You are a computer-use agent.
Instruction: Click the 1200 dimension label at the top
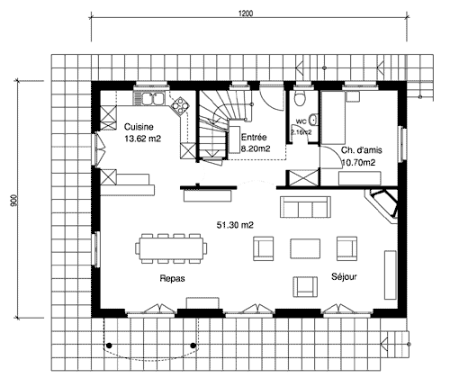point(246,13)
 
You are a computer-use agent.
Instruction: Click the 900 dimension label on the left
point(13,201)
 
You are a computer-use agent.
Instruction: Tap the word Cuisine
point(139,127)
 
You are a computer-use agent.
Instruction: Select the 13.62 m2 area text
point(142,139)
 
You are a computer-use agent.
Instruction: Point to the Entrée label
point(254,138)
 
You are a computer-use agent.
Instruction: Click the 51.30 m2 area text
point(235,225)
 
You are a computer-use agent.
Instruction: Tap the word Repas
point(172,279)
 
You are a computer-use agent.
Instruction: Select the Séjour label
point(344,276)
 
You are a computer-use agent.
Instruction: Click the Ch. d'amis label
point(361,150)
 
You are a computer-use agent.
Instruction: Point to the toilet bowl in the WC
point(300,99)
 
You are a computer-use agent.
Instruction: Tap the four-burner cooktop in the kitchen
point(180,106)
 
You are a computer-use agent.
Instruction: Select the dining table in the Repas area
point(171,248)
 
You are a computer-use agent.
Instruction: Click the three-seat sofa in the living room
point(305,207)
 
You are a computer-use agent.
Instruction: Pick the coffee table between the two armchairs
point(305,248)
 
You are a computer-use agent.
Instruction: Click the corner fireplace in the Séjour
point(383,205)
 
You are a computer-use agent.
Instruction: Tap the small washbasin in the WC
point(313,120)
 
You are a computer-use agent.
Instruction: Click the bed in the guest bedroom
point(333,118)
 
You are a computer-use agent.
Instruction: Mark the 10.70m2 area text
point(358,162)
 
